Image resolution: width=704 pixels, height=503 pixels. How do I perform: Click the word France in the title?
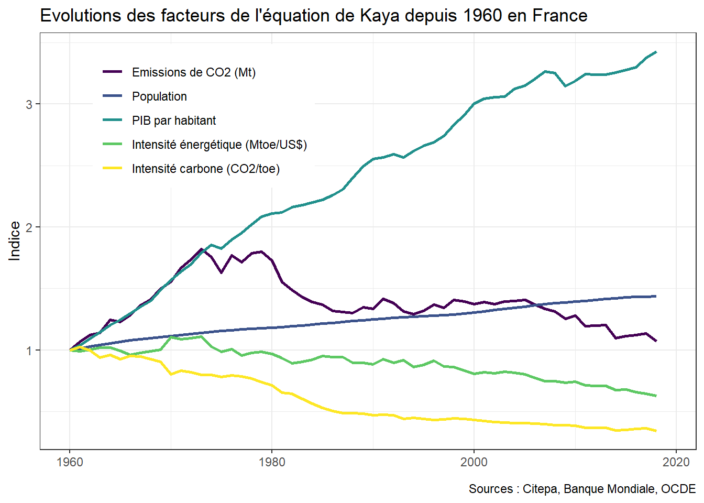point(560,16)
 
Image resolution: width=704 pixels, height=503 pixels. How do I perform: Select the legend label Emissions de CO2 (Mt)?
point(193,72)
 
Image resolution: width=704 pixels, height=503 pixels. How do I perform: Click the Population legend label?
point(159,96)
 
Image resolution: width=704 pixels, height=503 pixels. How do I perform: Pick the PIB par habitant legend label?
point(173,121)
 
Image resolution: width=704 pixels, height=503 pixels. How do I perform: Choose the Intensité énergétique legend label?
point(219,145)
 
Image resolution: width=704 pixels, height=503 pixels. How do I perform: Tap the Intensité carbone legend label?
point(205,169)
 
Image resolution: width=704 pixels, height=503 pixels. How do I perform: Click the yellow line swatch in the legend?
point(112,169)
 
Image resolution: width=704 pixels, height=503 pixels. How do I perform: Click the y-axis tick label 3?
point(29,104)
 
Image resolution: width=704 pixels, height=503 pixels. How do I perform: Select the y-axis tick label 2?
point(29,227)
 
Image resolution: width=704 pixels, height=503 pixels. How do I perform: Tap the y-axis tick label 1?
point(29,351)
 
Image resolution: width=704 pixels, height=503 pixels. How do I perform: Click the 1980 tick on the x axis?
point(272,462)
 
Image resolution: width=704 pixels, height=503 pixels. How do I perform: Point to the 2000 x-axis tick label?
point(474,462)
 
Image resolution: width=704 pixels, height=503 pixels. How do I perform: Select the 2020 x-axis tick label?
point(676,462)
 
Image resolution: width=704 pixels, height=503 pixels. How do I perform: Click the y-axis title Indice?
point(15,240)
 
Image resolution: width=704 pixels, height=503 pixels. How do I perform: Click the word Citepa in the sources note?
point(540,489)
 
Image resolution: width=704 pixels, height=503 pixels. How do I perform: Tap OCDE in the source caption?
point(678,489)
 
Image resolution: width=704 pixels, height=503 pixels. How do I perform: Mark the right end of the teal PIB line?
point(656,52)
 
